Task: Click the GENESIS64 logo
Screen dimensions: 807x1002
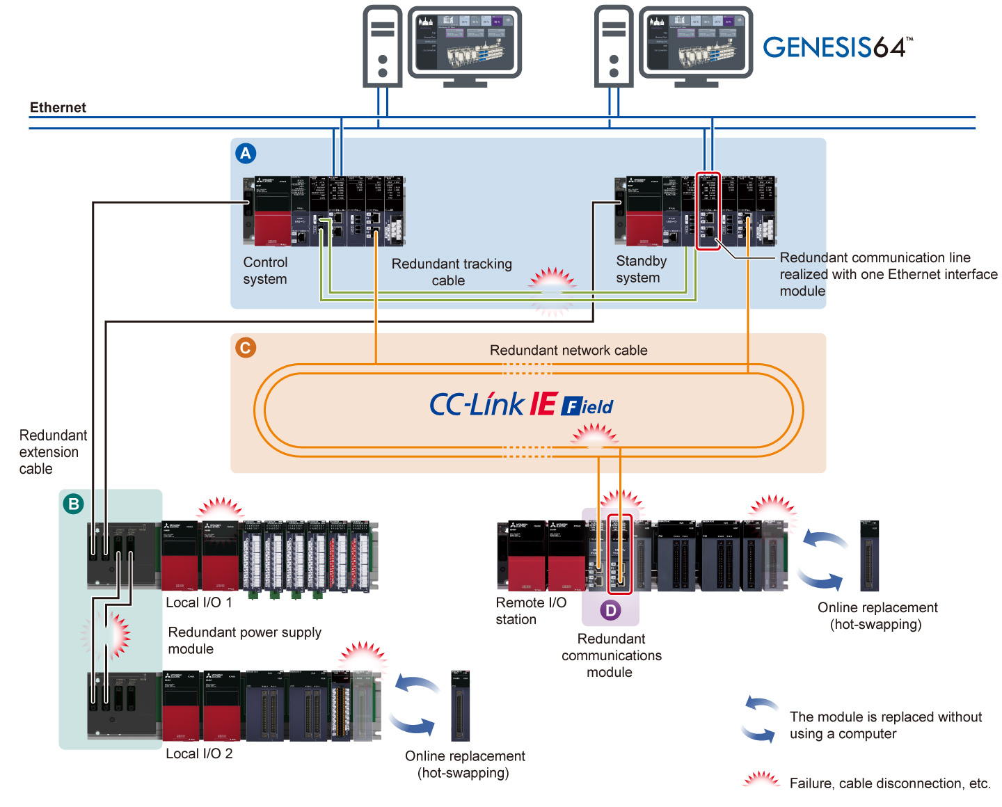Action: pos(837,47)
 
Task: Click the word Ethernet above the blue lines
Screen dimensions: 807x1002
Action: pos(58,107)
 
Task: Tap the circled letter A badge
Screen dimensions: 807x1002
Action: pos(246,153)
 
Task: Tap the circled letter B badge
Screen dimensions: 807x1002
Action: pos(73,503)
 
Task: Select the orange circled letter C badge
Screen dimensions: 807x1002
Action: pos(246,347)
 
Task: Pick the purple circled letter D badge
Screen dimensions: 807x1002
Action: pos(610,610)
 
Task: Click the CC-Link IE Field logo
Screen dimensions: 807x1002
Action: pos(521,404)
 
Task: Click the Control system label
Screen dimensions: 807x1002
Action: pos(265,271)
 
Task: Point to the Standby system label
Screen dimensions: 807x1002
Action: pos(641,269)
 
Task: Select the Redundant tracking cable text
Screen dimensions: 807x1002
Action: pos(451,272)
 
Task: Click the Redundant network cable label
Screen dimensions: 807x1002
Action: pos(568,350)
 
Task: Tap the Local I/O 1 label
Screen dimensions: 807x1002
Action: pos(199,602)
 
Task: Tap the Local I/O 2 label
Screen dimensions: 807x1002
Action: pos(199,753)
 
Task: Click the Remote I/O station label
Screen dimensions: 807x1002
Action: pos(530,611)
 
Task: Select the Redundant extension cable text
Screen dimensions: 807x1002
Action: pos(52,452)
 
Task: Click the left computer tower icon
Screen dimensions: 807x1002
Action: pos(383,47)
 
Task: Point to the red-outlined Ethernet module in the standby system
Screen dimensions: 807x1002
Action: pos(708,211)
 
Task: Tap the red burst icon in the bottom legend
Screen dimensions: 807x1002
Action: pos(761,781)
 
